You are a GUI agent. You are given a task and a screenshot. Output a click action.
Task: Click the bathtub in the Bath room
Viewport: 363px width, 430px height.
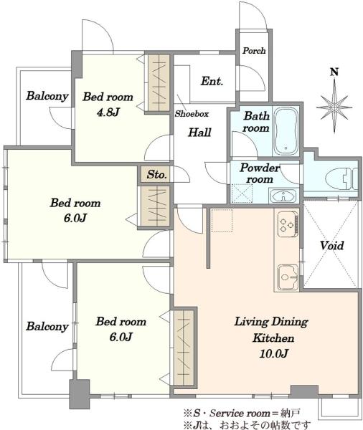[286, 131]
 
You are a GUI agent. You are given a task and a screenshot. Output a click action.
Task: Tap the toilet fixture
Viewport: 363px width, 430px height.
[341, 178]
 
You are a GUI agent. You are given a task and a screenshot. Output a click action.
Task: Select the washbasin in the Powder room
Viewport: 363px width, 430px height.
[283, 196]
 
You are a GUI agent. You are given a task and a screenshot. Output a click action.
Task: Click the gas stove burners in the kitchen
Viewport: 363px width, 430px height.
[288, 224]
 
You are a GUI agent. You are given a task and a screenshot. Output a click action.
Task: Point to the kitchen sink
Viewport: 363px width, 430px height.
[288, 277]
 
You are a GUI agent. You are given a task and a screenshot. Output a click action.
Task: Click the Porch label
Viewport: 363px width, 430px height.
[254, 51]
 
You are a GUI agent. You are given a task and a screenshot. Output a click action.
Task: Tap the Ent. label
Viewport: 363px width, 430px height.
[212, 81]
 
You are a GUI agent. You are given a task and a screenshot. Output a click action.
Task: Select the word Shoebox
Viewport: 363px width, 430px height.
[192, 113]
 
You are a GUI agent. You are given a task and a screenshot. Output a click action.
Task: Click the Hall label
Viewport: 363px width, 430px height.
[199, 133]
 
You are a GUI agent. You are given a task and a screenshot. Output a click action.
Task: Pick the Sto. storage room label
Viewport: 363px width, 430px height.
[156, 174]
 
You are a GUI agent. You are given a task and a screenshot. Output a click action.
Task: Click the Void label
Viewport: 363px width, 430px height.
[331, 245]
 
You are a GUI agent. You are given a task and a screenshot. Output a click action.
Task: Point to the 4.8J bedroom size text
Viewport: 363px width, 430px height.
[108, 113]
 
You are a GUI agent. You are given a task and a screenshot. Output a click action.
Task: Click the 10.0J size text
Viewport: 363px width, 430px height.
[273, 353]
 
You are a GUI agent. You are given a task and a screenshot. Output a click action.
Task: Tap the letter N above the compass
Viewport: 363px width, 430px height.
[334, 72]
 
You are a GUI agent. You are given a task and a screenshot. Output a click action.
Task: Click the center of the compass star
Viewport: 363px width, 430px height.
[334, 107]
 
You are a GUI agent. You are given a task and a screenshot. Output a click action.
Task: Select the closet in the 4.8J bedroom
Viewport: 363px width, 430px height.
[159, 82]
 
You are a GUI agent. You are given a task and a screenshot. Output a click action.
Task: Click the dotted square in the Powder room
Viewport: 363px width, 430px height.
[242, 193]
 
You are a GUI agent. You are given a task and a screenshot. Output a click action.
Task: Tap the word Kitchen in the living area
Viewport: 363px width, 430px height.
[273, 338]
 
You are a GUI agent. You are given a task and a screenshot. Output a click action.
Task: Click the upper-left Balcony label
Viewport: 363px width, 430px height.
[47, 96]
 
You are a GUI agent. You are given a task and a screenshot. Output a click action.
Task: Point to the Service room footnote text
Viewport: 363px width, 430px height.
[242, 413]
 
